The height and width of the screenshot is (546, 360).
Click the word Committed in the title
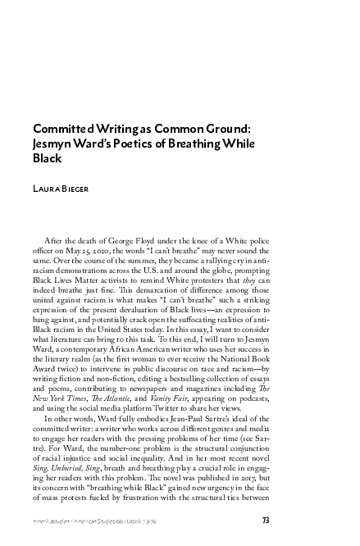pos(60,129)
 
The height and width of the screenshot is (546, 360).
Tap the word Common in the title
pos(158,129)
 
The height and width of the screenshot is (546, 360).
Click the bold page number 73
pos(266,520)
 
